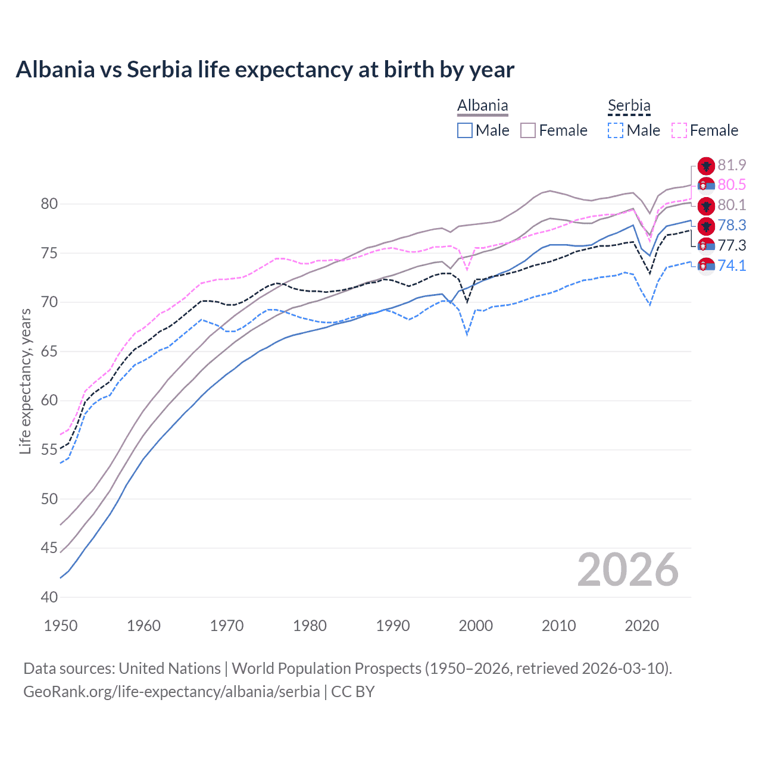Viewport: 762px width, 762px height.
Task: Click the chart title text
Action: pyautogui.click(x=265, y=70)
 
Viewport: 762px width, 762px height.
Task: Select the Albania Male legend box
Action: pyautogui.click(x=465, y=130)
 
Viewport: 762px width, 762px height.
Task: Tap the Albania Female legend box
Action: pyautogui.click(x=528, y=130)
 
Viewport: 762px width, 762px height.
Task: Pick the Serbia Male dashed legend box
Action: pyautogui.click(x=616, y=130)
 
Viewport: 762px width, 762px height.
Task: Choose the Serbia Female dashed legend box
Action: pyautogui.click(x=679, y=130)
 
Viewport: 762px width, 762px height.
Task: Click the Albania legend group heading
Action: pyautogui.click(x=482, y=106)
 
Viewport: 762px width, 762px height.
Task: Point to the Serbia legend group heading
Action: pyautogui.click(x=629, y=106)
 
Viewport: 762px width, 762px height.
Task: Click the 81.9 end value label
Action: pyautogui.click(x=732, y=165)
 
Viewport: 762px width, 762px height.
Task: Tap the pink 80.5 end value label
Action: pyautogui.click(x=732, y=185)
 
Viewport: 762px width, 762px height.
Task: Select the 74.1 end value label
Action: pyautogui.click(x=732, y=266)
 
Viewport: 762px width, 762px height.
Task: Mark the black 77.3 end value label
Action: pyautogui.click(x=732, y=245)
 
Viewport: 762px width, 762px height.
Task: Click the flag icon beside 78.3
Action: pyautogui.click(x=706, y=226)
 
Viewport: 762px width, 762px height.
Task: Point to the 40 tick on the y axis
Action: pyautogui.click(x=49, y=597)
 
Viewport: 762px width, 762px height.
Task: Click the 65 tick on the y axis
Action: pyautogui.click(x=49, y=351)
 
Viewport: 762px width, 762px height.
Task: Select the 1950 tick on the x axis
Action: pyautogui.click(x=61, y=626)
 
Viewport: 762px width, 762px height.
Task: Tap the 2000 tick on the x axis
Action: pyautogui.click(x=476, y=626)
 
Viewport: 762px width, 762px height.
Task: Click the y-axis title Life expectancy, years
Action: pyautogui.click(x=25, y=381)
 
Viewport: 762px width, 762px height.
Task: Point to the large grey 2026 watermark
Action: pyautogui.click(x=627, y=570)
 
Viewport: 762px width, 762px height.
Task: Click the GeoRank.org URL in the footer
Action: pyautogui.click(x=171, y=692)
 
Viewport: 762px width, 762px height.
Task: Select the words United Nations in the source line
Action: pyautogui.click(x=170, y=669)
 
